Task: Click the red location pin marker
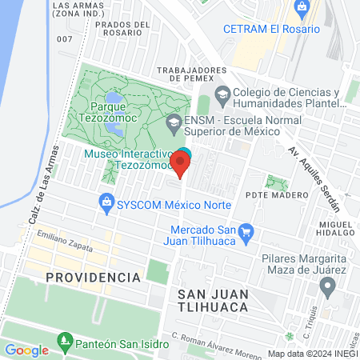pos(181,165)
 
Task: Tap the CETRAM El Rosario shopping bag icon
pos(302,9)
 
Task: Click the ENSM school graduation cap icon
pos(173,123)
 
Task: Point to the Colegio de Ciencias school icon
pos(222,94)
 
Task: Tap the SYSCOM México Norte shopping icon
pos(106,203)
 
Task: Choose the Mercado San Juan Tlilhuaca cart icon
pos(247,230)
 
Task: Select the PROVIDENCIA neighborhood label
pos(93,277)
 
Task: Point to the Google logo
pos(26,350)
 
